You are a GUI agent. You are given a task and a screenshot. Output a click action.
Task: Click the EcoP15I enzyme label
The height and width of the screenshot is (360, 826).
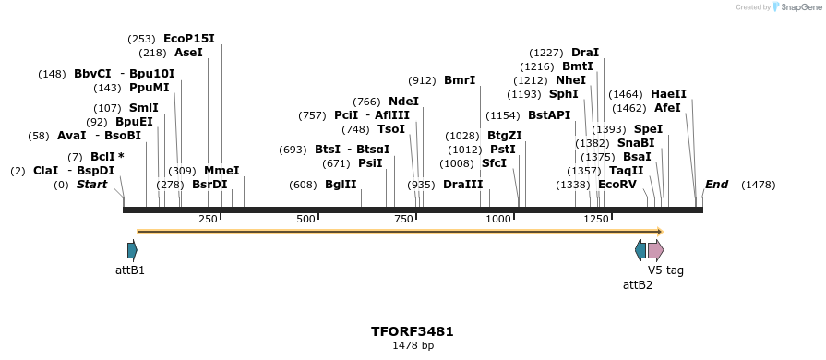coord(188,39)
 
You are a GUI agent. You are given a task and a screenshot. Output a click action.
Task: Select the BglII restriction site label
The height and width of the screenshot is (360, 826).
coord(341,185)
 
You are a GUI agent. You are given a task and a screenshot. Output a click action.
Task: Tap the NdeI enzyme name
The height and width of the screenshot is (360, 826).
coord(403,102)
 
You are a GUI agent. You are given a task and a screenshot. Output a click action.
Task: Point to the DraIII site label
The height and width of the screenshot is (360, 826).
coord(462,185)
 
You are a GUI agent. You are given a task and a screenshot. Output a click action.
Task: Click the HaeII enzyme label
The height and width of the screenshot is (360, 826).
coord(668,94)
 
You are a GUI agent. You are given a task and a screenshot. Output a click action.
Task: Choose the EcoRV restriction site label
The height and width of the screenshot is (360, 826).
coord(617,185)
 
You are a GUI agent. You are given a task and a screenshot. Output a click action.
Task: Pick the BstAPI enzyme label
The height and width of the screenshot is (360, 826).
coord(549,115)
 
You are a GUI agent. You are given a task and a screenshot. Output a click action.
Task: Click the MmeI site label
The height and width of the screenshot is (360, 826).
coord(221,171)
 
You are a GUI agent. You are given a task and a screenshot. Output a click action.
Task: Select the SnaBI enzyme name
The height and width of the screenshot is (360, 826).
coord(636,143)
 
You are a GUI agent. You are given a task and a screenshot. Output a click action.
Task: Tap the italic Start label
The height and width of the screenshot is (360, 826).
coord(91,185)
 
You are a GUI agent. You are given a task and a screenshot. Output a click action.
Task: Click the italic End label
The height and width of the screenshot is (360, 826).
coord(716,185)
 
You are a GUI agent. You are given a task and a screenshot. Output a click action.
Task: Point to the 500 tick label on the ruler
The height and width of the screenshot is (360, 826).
coord(305,219)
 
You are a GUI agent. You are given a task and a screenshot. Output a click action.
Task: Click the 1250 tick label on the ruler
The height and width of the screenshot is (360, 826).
coord(596,219)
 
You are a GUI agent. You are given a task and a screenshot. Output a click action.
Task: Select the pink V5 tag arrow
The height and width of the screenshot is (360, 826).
coord(655,250)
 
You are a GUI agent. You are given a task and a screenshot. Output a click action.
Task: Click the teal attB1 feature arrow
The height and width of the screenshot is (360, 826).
coord(132,250)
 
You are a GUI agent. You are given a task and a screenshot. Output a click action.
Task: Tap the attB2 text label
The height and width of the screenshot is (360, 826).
coord(638,285)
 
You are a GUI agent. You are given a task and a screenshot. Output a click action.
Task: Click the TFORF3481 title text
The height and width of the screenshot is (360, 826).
coord(413,331)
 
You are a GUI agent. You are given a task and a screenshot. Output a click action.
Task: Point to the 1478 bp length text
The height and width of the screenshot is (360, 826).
coord(413,346)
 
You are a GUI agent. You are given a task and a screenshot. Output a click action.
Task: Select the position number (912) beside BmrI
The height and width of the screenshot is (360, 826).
coord(422,80)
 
